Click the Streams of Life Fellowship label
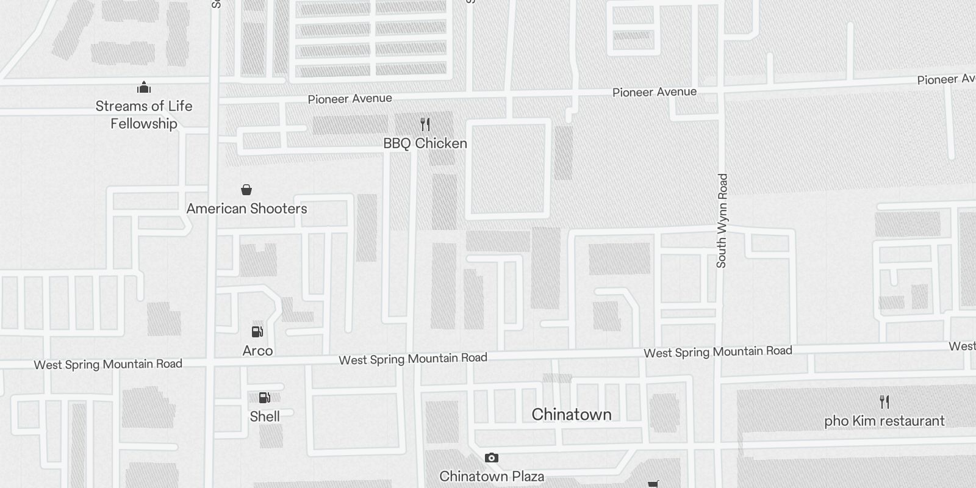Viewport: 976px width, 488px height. [144, 115]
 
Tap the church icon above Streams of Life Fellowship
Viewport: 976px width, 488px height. [144, 87]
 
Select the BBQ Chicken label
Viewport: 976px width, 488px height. [425, 143]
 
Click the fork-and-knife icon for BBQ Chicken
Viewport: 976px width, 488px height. [425, 124]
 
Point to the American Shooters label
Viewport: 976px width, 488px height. [246, 209]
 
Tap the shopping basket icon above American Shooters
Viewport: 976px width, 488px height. [246, 190]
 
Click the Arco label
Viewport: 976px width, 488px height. [257, 351]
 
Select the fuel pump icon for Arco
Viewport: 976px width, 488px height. [257, 332]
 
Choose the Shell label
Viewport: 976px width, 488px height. [265, 417]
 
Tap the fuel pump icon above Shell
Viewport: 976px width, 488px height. [265, 398]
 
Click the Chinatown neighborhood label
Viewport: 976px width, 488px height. [572, 415]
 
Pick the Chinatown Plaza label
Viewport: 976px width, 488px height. [492, 476]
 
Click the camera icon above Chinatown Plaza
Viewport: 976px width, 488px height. [492, 457]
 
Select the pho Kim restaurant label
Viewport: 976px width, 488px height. [884, 421]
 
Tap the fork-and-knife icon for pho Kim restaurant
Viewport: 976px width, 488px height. [884, 402]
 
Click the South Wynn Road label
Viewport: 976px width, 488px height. [722, 221]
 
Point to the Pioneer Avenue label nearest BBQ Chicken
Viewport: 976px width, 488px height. [350, 99]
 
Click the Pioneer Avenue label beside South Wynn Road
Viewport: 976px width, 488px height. [655, 92]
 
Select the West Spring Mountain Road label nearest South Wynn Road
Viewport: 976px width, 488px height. [718, 352]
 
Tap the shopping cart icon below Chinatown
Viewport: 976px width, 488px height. [653, 484]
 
